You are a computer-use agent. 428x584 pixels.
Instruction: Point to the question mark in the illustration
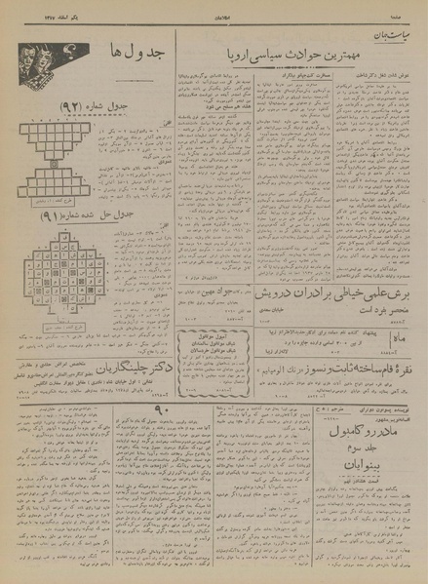point(67,48)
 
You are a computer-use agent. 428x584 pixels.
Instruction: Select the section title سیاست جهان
point(400,28)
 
